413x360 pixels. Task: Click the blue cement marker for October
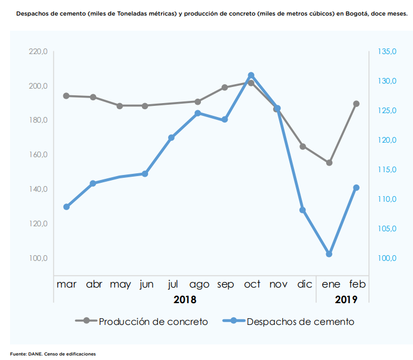pos(251,75)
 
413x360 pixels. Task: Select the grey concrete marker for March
pos(66,96)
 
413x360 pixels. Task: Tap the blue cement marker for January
pos(329,254)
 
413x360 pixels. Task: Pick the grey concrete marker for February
pos(356,104)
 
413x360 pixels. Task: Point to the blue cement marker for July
pos(171,138)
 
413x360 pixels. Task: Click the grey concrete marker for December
pos(303,147)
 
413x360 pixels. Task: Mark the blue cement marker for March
pos(66,207)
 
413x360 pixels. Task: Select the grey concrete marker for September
pos(225,87)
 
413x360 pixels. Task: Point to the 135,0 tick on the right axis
pos(387,52)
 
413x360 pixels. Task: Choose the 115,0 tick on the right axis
pos(387,170)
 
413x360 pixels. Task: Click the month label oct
pos(252,285)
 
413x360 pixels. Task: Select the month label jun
pos(146,285)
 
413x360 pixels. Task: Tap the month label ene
pos(331,285)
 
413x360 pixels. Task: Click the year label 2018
pos(185,300)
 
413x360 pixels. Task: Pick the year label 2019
pos(346,300)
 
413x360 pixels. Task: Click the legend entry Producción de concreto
pos(153,322)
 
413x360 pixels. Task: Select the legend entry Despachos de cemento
pos(300,322)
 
